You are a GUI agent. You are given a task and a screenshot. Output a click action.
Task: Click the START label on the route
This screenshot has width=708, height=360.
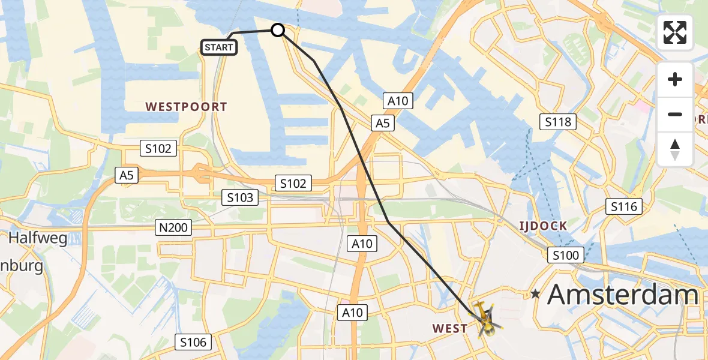tap(219, 47)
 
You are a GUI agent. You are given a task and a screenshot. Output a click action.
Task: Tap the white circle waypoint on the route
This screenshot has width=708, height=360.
tap(278, 29)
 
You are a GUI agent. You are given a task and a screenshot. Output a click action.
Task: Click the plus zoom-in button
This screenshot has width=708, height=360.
tap(675, 79)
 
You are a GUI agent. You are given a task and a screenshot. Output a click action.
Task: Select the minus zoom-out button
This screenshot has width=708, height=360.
tap(675, 114)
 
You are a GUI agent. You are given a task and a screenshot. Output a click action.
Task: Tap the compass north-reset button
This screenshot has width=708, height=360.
tap(675, 149)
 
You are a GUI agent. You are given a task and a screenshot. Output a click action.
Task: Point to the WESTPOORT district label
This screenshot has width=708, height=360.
tap(187, 107)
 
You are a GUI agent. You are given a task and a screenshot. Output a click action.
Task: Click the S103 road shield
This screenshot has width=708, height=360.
tap(241, 197)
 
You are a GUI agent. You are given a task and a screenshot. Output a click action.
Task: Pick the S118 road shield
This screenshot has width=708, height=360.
tap(558, 122)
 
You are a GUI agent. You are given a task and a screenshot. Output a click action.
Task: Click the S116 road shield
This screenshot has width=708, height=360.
tap(624, 207)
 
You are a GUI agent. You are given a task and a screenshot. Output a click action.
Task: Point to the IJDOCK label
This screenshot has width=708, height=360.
tap(542, 226)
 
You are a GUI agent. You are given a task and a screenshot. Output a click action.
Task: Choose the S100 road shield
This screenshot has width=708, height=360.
tap(565, 256)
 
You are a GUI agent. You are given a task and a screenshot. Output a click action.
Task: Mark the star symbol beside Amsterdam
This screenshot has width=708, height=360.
tap(535, 294)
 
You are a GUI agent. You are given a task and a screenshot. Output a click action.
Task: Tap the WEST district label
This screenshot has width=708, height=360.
tap(449, 328)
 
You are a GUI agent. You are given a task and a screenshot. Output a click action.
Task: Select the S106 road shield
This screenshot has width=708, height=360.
tap(194, 343)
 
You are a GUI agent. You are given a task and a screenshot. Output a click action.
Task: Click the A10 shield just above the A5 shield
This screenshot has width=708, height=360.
tap(398, 101)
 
